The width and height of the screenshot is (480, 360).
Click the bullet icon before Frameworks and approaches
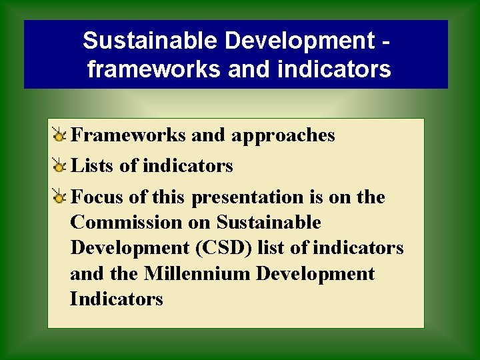[59, 136]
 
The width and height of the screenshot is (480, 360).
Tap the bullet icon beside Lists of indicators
[59, 166]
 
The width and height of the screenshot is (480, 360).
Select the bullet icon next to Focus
[59, 197]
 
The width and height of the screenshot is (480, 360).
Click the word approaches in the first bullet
[283, 135]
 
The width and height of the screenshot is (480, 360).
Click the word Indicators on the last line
[116, 299]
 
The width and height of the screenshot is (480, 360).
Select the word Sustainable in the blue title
[151, 41]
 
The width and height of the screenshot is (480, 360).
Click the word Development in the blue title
[300, 41]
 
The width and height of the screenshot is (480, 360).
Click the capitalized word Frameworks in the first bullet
[128, 135]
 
